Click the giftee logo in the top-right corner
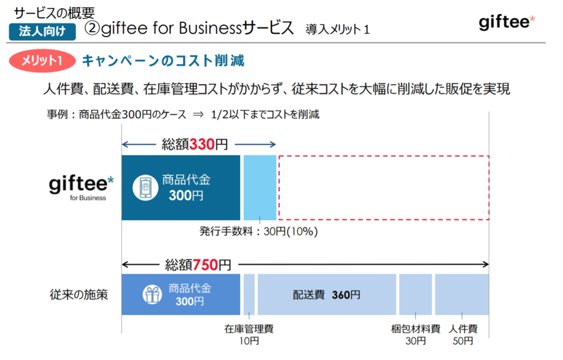click(507, 22)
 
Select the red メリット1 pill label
click(42, 60)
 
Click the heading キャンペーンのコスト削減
click(163, 60)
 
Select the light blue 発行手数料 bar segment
click(260, 187)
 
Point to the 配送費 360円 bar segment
click(327, 294)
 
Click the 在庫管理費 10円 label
click(249, 335)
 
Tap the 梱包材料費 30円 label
click(415, 335)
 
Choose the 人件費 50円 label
click(463, 335)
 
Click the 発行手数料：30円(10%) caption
click(258, 232)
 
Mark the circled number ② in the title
click(92, 27)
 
